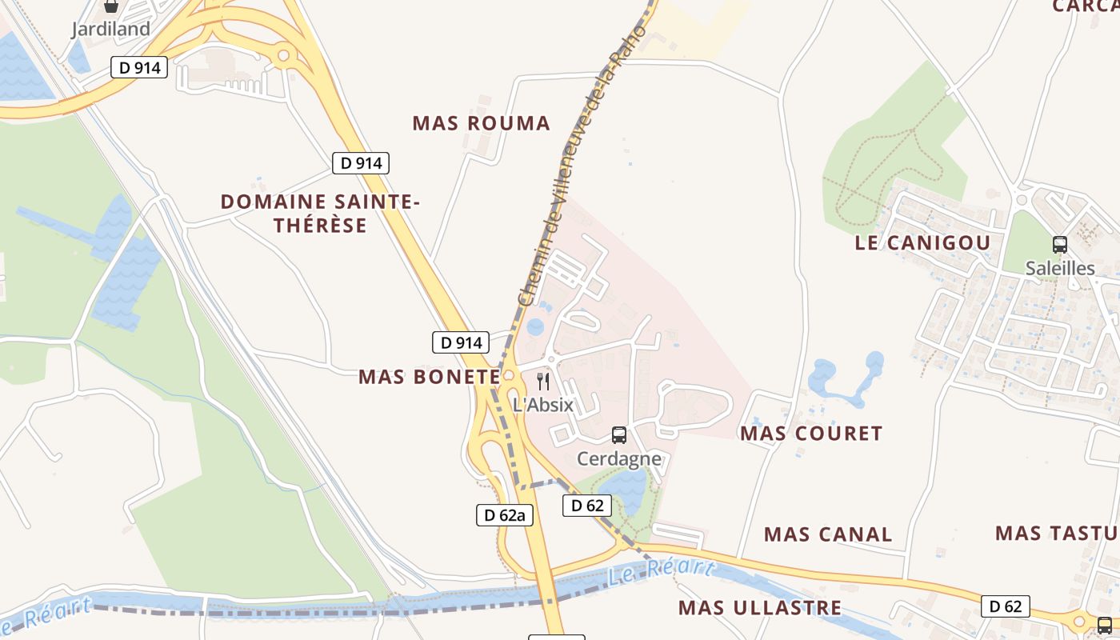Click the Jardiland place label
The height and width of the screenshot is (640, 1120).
tap(111, 30)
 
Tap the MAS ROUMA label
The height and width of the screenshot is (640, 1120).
tap(482, 123)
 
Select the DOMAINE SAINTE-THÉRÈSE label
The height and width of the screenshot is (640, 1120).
tap(320, 214)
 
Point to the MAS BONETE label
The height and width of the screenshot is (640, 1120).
tap(429, 377)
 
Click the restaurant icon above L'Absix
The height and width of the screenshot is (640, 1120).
tap(543, 381)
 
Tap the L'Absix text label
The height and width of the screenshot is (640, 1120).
tap(543, 405)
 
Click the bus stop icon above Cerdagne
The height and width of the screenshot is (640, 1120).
tap(619, 435)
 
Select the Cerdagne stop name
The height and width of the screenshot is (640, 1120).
tap(619, 459)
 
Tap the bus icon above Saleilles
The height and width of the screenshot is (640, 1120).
tap(1060, 245)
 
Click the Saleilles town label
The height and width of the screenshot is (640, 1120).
tap(1060, 268)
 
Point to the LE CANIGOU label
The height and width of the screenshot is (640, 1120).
tap(922, 243)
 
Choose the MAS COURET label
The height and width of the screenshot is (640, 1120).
tap(811, 434)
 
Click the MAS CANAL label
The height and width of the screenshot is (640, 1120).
tap(828, 534)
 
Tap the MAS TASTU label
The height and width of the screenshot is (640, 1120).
tap(1056, 533)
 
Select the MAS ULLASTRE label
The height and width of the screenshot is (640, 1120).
tap(760, 608)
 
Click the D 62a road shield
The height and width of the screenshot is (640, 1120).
tap(505, 515)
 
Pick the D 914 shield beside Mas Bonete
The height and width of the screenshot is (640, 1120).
tap(461, 342)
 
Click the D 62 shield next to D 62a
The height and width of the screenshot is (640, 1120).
tap(587, 506)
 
